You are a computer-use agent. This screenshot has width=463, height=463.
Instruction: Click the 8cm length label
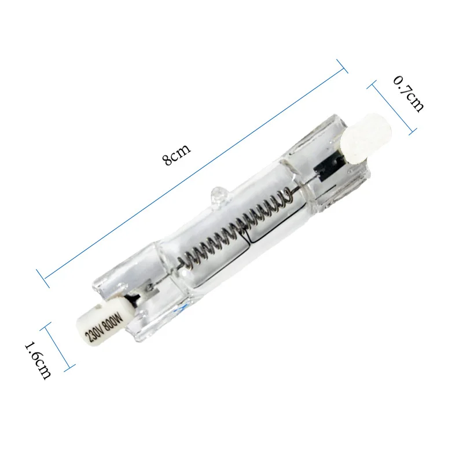coord(177,155)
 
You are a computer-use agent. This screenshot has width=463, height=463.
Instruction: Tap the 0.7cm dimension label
coord(409,94)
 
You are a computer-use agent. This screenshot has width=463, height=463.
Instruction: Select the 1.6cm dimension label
coord(38,359)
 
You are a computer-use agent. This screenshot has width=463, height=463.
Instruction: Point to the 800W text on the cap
coord(112,321)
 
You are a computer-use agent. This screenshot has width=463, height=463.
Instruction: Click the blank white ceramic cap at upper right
coord(366,138)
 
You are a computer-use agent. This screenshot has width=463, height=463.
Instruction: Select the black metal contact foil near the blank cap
coord(328,166)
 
